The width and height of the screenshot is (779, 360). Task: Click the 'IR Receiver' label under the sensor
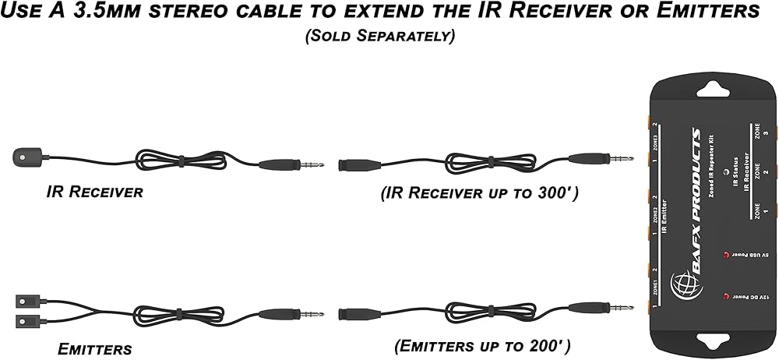95,192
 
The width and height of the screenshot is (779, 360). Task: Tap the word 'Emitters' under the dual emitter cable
95,349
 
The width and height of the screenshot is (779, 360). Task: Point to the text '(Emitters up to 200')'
482,344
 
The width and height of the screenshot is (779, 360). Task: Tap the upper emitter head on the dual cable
25,300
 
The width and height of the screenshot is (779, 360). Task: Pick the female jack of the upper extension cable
358,165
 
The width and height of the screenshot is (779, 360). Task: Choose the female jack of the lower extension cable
358,315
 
